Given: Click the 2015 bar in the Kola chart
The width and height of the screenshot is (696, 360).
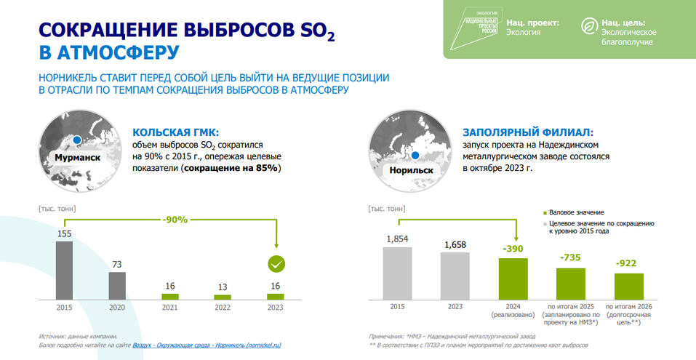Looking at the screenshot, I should tap(64, 270).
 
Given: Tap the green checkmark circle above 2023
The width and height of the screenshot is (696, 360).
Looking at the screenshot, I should tap(276, 264).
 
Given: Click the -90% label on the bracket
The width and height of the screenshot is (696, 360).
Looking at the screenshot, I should tap(175, 219).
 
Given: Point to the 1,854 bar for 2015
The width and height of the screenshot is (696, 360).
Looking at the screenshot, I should tap(397, 273).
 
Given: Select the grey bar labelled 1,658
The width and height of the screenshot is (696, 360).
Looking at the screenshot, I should tap(455, 276).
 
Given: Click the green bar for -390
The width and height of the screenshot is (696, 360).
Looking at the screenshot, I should tap(513, 279).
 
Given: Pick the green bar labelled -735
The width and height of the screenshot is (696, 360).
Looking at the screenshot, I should tap(571, 284).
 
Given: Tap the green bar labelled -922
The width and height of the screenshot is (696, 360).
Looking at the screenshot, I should tap(629, 286).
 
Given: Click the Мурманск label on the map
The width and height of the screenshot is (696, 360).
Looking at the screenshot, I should tap(76, 156).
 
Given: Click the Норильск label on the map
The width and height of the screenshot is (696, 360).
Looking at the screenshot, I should tap(411, 170).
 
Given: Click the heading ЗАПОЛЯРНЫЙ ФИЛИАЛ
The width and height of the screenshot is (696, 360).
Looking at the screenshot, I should tap(527, 133).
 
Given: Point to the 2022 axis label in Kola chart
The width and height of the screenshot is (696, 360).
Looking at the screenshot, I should tap(223, 307).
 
